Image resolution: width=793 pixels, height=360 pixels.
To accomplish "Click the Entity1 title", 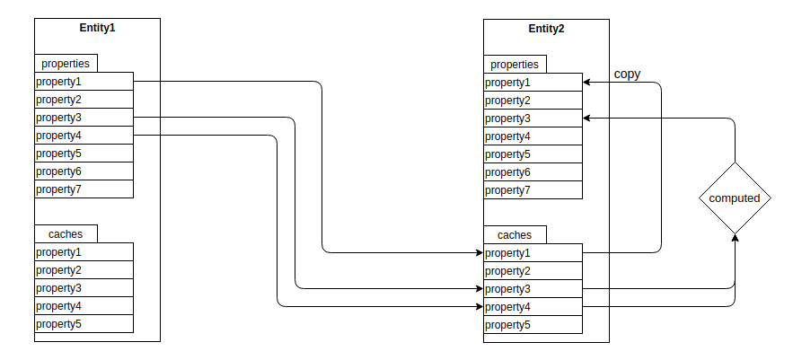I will (x=97, y=28).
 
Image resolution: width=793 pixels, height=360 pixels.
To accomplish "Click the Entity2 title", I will (x=546, y=28).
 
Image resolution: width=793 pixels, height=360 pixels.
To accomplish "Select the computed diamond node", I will (x=735, y=198).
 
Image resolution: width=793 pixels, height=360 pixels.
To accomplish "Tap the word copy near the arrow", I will (x=627, y=74).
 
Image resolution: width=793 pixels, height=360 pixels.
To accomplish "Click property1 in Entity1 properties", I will (x=84, y=82).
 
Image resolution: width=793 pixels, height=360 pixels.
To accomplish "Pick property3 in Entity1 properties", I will (x=84, y=118).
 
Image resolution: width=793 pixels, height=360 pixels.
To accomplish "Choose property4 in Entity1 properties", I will (x=84, y=136).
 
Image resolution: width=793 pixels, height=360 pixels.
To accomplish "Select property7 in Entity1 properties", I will (x=84, y=189).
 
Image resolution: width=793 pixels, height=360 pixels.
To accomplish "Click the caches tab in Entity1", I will (x=66, y=234).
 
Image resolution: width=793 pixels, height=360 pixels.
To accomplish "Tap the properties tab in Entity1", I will (x=66, y=64).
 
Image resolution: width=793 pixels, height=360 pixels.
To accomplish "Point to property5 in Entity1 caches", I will (x=84, y=324).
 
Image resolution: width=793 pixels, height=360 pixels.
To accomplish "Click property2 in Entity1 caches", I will (x=84, y=270).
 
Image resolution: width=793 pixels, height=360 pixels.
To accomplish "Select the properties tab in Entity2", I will (x=515, y=64).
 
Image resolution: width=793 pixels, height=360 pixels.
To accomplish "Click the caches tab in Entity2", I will (x=515, y=235).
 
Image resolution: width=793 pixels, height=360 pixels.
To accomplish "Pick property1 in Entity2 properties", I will (x=533, y=83).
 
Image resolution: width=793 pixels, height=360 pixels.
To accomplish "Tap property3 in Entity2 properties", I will (x=533, y=119).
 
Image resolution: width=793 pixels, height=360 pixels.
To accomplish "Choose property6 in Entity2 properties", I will (x=533, y=172).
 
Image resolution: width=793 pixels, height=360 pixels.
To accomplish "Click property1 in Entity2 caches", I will (x=533, y=253).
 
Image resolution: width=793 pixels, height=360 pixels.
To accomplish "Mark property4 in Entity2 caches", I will (x=533, y=307).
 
